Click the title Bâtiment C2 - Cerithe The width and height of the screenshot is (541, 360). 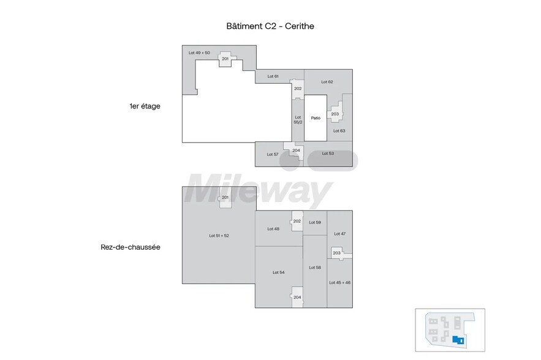click(x=270, y=26)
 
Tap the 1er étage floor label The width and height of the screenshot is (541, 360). click(x=145, y=106)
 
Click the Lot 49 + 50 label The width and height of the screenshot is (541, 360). click(x=199, y=53)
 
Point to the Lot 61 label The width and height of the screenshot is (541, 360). click(x=273, y=77)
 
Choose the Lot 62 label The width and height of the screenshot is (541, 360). click(x=327, y=81)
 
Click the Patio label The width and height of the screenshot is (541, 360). click(x=316, y=118)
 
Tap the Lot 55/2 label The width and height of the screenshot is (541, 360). click(x=298, y=119)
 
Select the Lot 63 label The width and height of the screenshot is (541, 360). click(x=339, y=130)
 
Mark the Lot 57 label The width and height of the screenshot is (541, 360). click(x=273, y=154)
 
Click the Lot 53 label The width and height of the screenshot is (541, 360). click(x=328, y=153)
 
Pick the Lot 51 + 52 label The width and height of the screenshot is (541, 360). click(x=219, y=236)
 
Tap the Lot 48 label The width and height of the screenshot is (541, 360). click(x=273, y=228)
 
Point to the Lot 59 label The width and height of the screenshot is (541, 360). click(x=315, y=222)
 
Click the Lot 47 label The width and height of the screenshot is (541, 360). click(x=339, y=234)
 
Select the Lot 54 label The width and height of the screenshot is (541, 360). click(x=278, y=272)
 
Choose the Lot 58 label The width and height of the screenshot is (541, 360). click(x=315, y=268)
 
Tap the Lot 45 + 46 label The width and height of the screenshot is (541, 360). click(x=339, y=282)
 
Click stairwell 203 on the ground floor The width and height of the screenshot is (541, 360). click(x=336, y=253)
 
